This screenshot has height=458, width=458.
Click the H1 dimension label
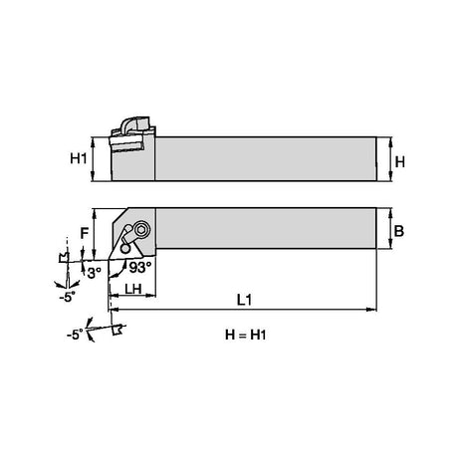(79, 158)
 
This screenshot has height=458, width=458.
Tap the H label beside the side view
(400, 162)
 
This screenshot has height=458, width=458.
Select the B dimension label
(399, 231)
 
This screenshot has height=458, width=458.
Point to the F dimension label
(85, 233)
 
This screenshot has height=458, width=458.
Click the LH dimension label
(133, 289)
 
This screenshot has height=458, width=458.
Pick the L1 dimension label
(245, 300)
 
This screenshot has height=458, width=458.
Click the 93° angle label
(140, 267)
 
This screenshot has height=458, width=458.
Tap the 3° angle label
(95, 273)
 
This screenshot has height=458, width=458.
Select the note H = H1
(246, 335)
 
